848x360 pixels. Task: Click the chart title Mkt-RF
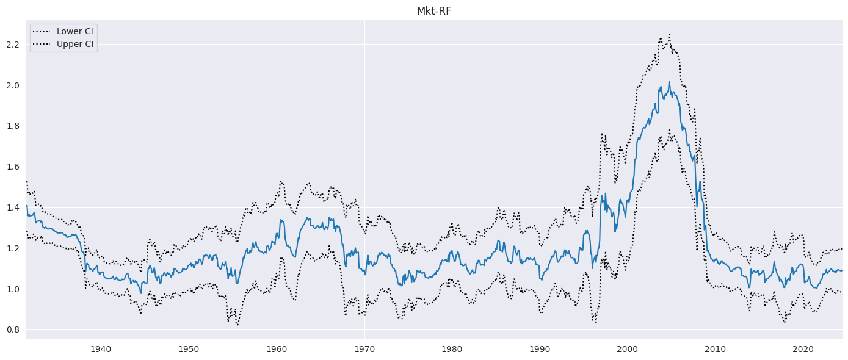pyautogui.click(x=434, y=11)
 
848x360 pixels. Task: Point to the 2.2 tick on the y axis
pyautogui.click(x=13, y=45)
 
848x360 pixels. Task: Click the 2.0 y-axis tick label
pyautogui.click(x=13, y=85)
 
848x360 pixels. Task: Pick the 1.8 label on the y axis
pyautogui.click(x=13, y=126)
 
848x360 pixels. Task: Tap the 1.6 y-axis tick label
pyautogui.click(x=13, y=167)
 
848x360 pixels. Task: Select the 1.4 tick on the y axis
pyautogui.click(x=13, y=208)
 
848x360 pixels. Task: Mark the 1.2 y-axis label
pyautogui.click(x=13, y=249)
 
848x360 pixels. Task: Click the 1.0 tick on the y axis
pyautogui.click(x=13, y=289)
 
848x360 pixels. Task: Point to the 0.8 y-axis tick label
pyautogui.click(x=13, y=330)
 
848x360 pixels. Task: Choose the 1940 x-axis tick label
pyautogui.click(x=101, y=349)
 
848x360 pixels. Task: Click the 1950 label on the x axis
pyautogui.click(x=189, y=349)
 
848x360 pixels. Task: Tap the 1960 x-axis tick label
pyautogui.click(x=277, y=349)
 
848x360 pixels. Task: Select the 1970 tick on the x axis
pyautogui.click(x=364, y=349)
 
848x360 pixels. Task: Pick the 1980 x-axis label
pyautogui.click(x=452, y=349)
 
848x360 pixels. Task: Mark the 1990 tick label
pyautogui.click(x=540, y=349)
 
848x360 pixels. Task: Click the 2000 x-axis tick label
pyautogui.click(x=628, y=349)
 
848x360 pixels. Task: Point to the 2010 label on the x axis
pyautogui.click(x=716, y=349)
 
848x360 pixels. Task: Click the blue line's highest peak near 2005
pyautogui.click(x=669, y=81)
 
